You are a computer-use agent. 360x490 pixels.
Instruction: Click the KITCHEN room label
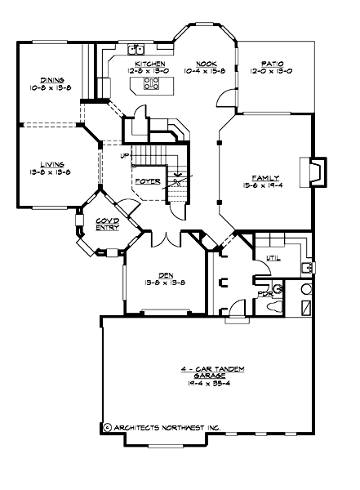(150, 63)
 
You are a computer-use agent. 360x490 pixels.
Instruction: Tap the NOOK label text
(205, 63)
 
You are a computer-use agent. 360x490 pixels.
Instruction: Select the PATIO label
(273, 63)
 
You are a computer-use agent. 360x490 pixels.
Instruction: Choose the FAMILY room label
(265, 178)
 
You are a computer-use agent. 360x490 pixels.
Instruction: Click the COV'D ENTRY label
(108, 224)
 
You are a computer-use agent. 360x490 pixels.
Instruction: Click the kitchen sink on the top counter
(135, 48)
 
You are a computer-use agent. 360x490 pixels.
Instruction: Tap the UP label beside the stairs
(125, 156)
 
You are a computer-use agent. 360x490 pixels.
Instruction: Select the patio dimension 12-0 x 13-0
(273, 70)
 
